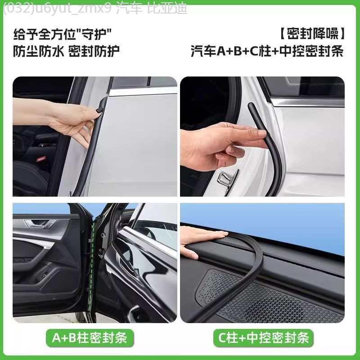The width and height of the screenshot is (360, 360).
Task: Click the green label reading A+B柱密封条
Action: (x=90, y=337)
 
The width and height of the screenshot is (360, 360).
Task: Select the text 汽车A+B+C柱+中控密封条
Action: (x=267, y=51)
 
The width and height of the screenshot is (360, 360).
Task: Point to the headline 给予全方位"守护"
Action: (x=63, y=33)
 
